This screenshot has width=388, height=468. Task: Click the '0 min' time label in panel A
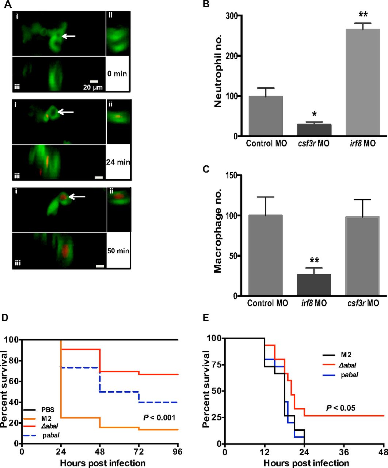[x=117, y=73]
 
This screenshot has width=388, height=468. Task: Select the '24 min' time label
[x=118, y=162]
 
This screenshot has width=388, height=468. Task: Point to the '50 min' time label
[x=118, y=251]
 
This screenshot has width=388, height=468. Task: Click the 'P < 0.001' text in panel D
[x=159, y=417]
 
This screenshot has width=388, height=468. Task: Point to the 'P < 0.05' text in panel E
[x=341, y=407]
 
